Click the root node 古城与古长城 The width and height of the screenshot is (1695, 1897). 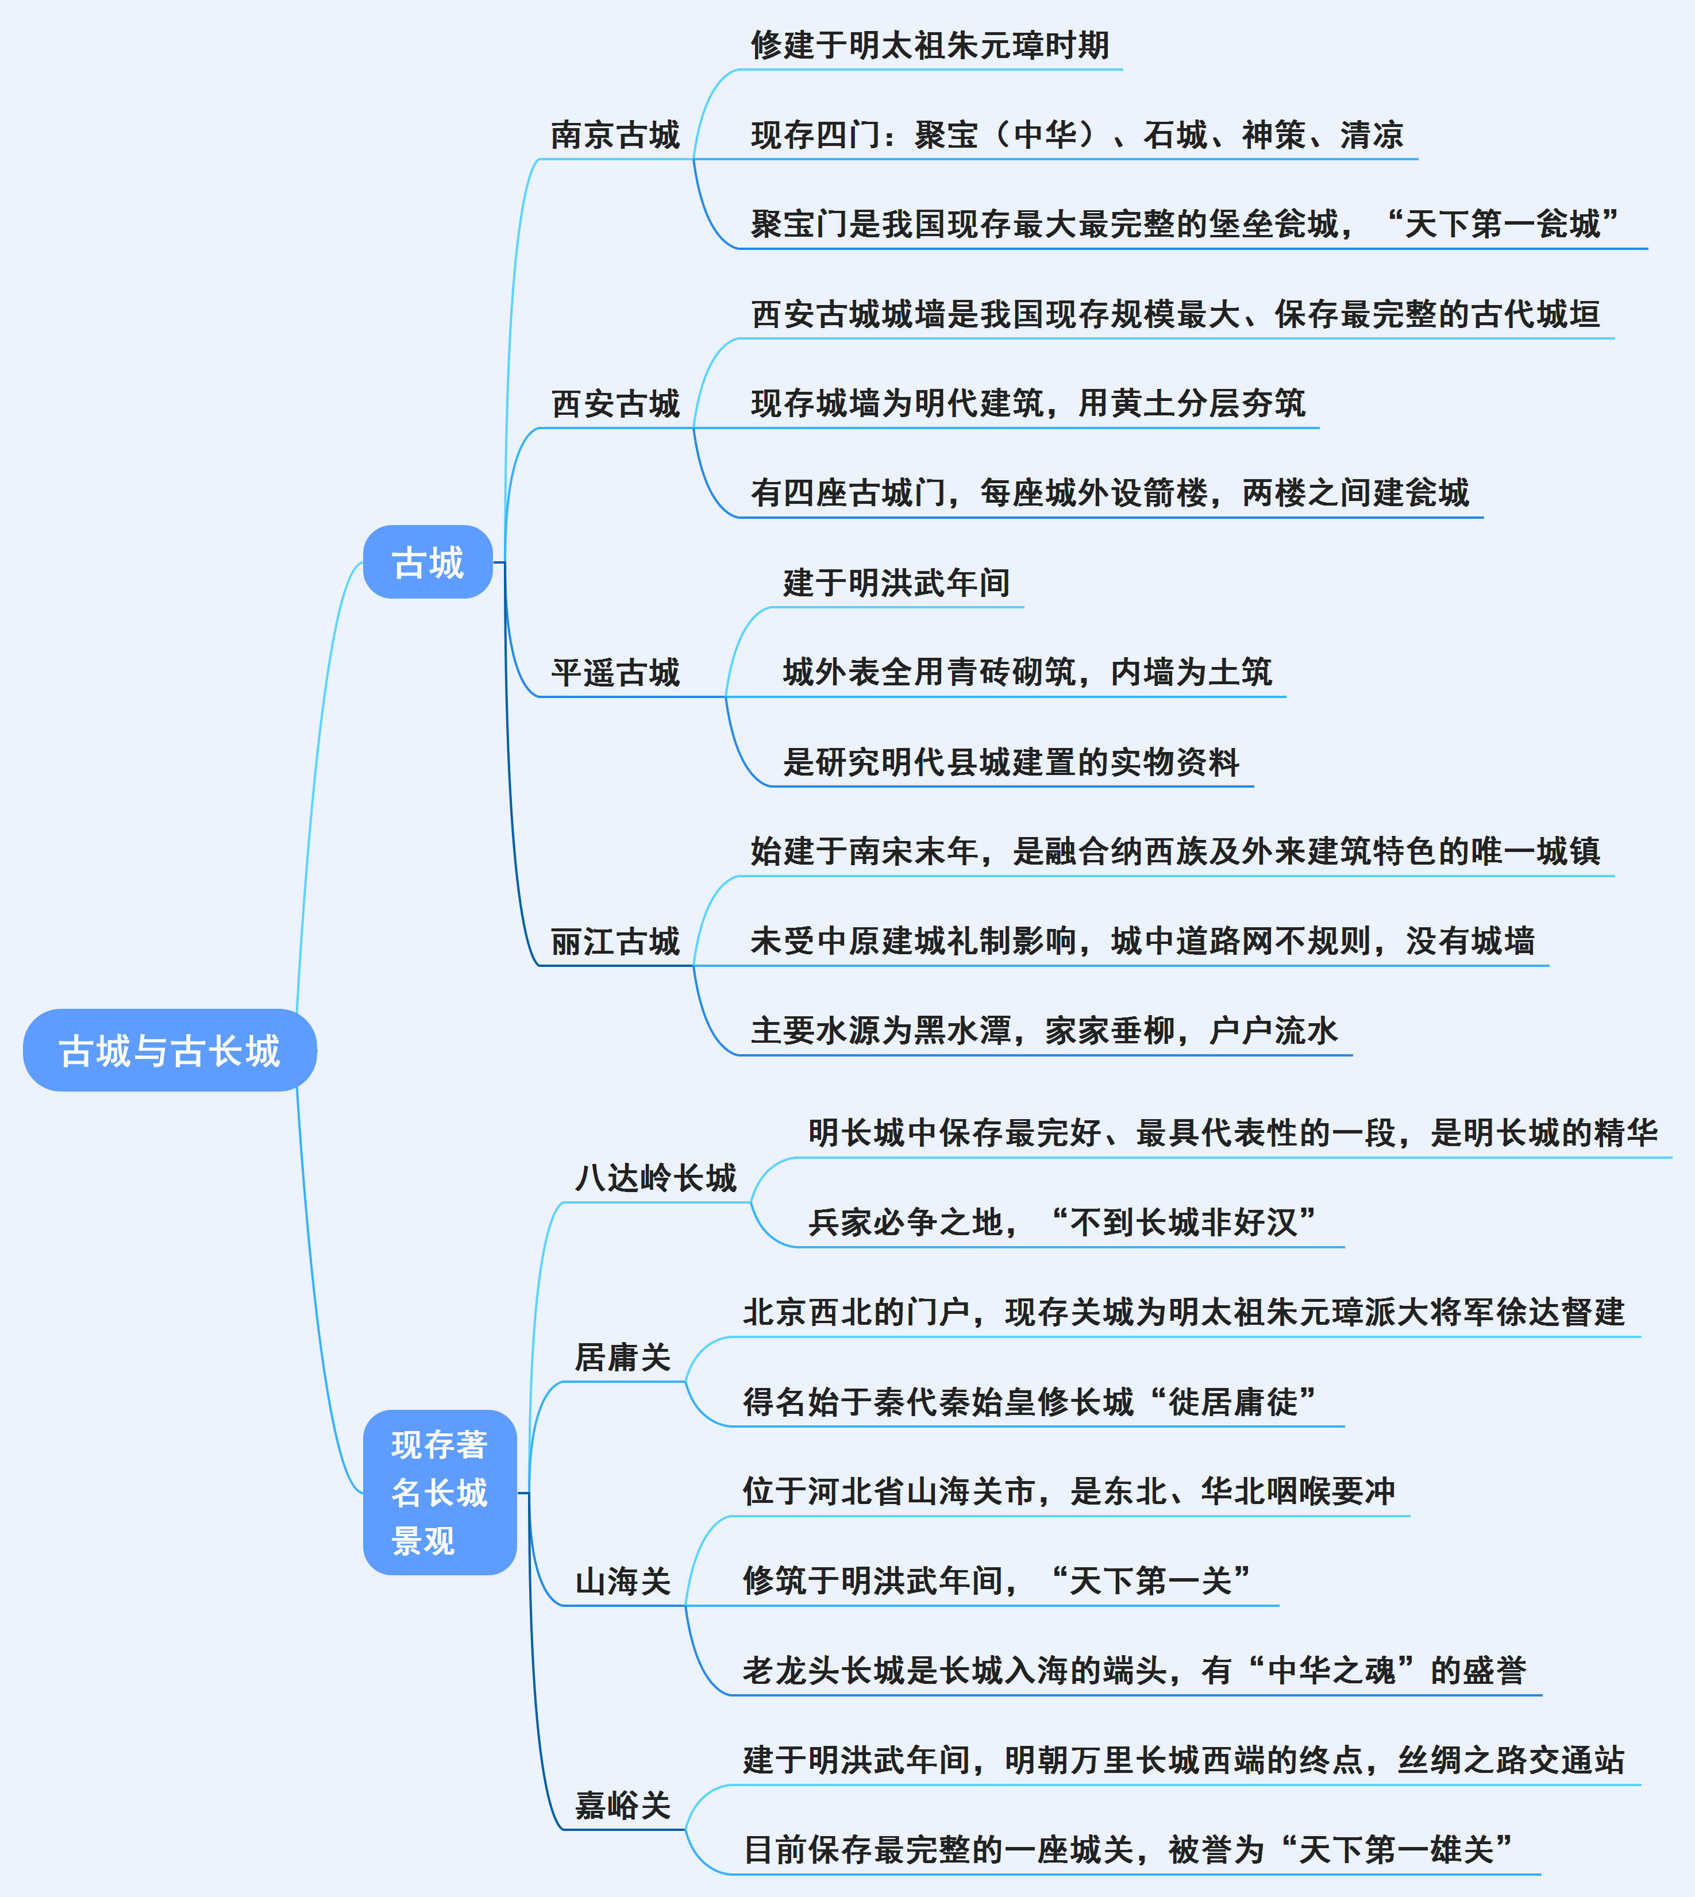pyautogui.click(x=169, y=1051)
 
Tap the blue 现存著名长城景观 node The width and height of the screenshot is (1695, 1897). pyautogui.click(x=440, y=1493)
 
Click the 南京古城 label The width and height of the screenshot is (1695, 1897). pyautogui.click(x=615, y=135)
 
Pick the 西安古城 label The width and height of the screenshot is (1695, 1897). pyautogui.click(x=615, y=404)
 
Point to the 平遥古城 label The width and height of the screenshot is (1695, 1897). pyautogui.click(x=615, y=672)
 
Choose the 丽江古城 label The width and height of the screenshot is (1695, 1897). pyautogui.click(x=615, y=942)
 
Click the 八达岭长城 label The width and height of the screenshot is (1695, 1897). pyautogui.click(x=656, y=1178)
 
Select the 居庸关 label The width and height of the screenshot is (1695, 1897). pyautogui.click(x=622, y=1358)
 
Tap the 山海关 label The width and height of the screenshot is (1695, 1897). pyautogui.click(x=622, y=1581)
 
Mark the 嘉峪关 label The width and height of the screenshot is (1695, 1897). pyautogui.click(x=622, y=1806)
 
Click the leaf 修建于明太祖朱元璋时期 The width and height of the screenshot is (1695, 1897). pyautogui.click(x=930, y=45)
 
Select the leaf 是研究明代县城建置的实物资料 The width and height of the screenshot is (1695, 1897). pyautogui.click(x=1011, y=762)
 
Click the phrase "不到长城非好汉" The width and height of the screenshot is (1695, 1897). pyautogui.click(x=1183, y=1223)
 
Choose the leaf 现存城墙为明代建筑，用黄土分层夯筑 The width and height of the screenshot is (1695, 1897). pyautogui.click(x=1028, y=403)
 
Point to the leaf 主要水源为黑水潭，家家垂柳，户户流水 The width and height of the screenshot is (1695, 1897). pyautogui.click(x=1043, y=1031)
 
